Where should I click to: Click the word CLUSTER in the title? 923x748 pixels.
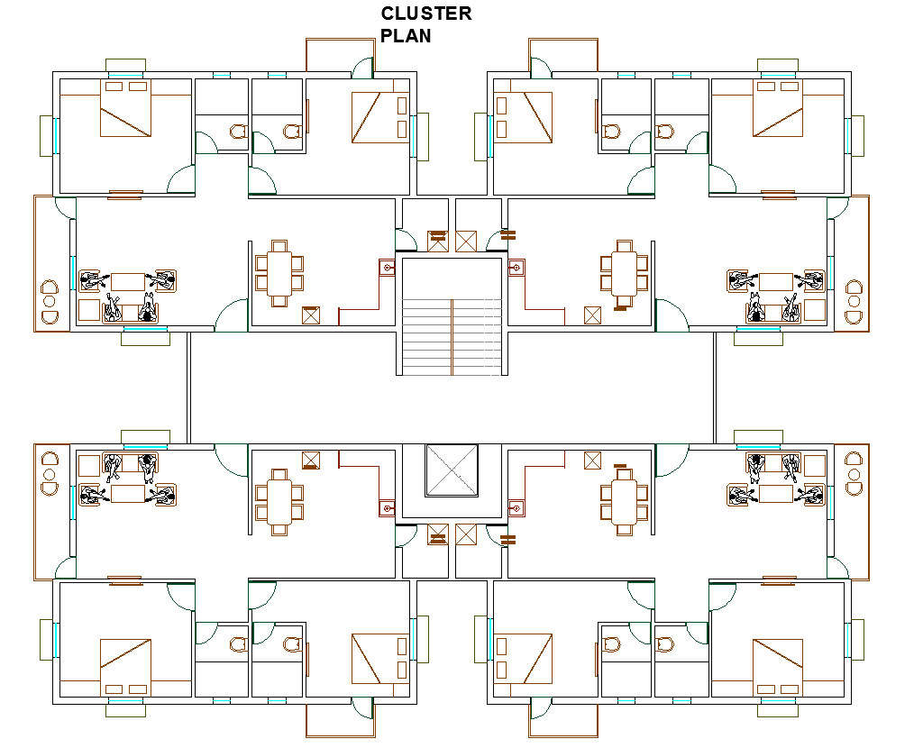coord(426,14)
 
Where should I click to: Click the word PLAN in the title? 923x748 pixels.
coord(406,36)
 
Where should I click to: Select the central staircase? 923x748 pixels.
coord(451,315)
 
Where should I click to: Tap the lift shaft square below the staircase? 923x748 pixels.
coord(451,470)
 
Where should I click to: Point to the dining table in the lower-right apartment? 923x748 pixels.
coord(624,502)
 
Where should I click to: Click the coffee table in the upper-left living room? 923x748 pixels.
coord(127,281)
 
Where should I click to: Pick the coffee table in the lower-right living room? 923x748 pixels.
coord(776,494)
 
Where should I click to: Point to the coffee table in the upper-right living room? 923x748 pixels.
coord(776,281)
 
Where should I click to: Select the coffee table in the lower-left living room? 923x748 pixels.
coord(127,494)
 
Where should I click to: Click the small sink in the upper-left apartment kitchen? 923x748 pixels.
coord(387,268)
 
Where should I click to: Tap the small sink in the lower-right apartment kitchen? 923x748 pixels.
coord(516,508)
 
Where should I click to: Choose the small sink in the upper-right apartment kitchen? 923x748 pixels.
coord(516,268)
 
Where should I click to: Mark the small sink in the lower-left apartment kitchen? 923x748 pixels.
coord(387,508)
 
